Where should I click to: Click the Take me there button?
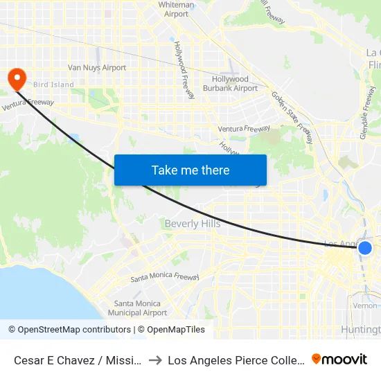click(x=190, y=170)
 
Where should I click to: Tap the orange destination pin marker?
click(x=15, y=78)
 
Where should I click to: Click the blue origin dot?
click(x=365, y=248)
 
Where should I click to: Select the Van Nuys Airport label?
click(x=97, y=68)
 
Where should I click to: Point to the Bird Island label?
click(x=53, y=85)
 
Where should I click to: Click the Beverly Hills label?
click(x=193, y=224)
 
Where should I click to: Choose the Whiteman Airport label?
click(x=177, y=9)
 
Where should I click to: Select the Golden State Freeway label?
click(x=292, y=114)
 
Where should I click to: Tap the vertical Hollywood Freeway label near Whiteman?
click(x=185, y=69)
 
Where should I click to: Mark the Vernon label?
click(x=364, y=305)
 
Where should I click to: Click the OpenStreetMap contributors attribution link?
click(x=69, y=330)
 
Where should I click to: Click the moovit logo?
click(x=339, y=359)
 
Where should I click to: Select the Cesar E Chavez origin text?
click(x=79, y=360)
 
